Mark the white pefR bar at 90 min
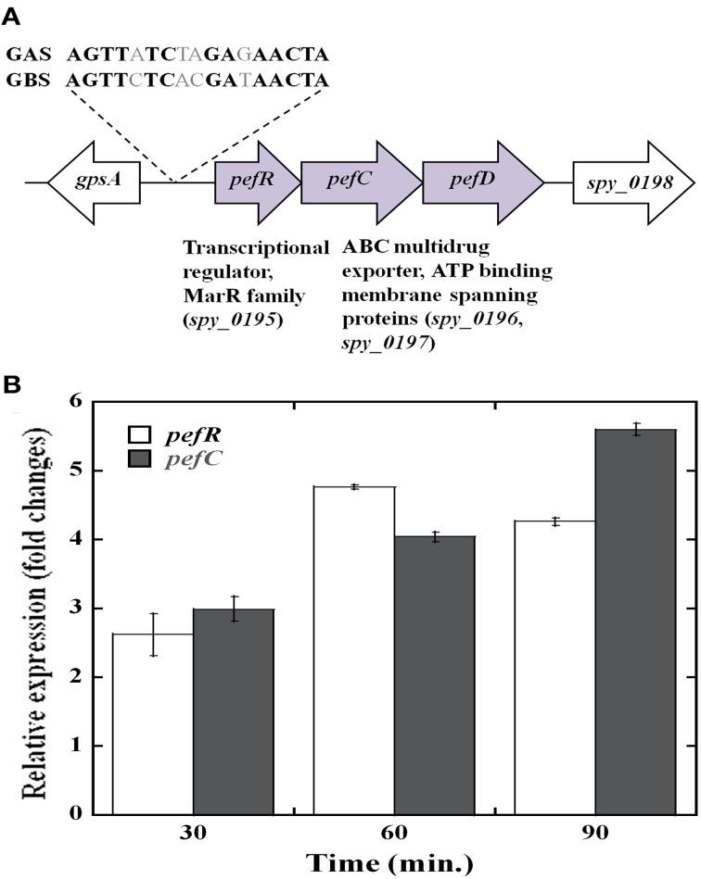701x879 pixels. (555, 667)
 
